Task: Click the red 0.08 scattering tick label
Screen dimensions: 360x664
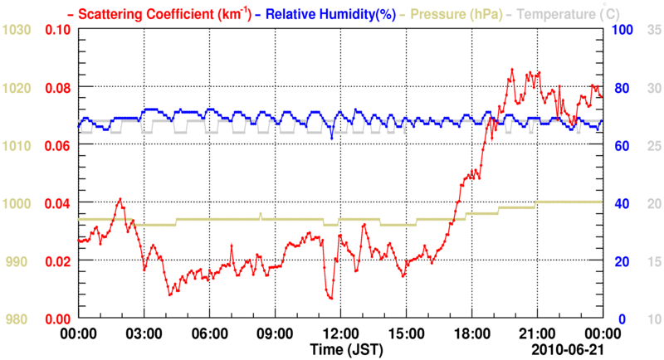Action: click(x=57, y=88)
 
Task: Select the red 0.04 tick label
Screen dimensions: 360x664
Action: click(x=57, y=203)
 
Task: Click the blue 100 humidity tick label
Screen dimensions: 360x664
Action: click(x=622, y=30)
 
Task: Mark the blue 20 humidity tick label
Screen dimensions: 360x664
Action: click(x=619, y=261)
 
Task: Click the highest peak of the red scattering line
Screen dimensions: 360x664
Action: click(x=512, y=70)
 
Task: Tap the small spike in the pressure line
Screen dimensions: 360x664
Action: click(x=261, y=214)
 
